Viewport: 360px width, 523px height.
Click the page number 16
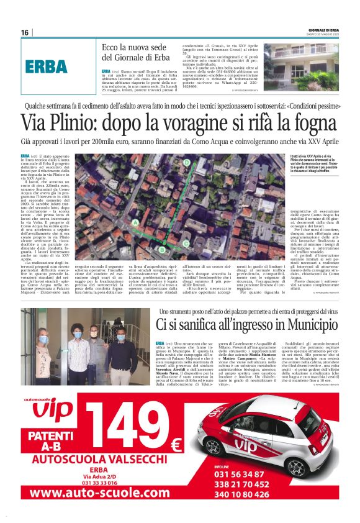click(x=25, y=32)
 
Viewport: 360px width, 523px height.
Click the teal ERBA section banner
click(x=47, y=66)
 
